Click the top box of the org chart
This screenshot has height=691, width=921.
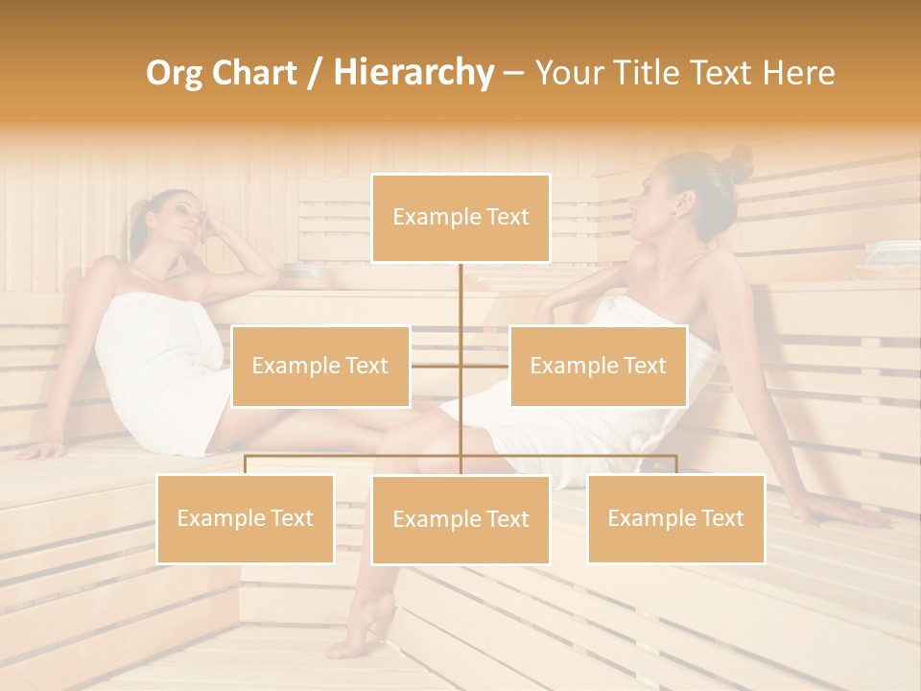click(x=460, y=218)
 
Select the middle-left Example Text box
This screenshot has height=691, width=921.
click(x=320, y=366)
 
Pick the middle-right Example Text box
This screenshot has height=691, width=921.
click(x=598, y=366)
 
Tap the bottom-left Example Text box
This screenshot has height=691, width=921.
click(x=245, y=518)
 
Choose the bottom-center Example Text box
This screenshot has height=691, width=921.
click(x=460, y=519)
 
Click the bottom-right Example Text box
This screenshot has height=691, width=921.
click(x=675, y=518)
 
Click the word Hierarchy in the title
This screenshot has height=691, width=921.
click(x=413, y=72)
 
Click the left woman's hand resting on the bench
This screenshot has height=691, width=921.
click(x=43, y=449)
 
